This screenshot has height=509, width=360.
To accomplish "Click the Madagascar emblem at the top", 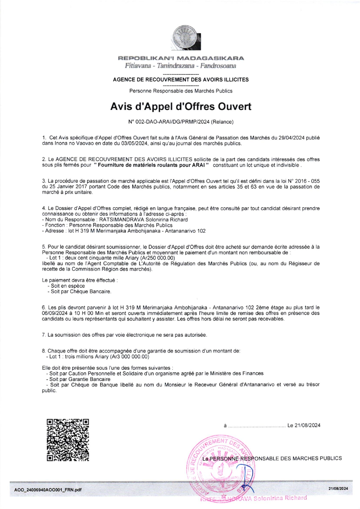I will pos(186,38).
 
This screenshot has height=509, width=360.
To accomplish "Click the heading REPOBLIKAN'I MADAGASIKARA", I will pos(181,58).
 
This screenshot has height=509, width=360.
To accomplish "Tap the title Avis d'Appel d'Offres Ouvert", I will pos(181,106).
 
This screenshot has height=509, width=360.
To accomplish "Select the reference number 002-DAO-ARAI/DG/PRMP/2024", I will pos(169,122).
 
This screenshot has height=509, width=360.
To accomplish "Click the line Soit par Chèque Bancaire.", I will pos(81,292).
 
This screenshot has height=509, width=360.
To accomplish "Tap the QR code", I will pos(68,440).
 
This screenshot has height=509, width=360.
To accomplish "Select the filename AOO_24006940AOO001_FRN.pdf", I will pos(48,490).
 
